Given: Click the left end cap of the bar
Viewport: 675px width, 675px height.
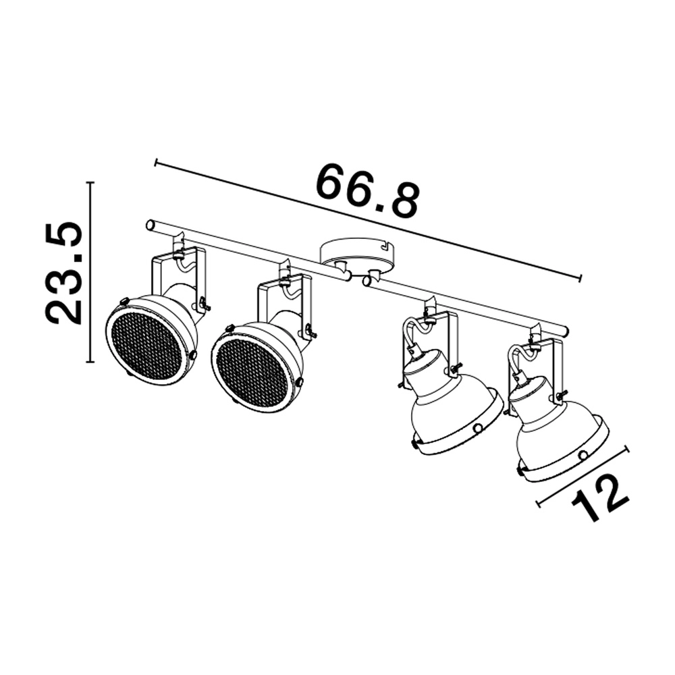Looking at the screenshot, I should coord(151,225).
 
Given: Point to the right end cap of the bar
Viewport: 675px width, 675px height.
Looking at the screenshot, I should coord(563,331).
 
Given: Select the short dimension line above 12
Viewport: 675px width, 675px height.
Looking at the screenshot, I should coord(582,475).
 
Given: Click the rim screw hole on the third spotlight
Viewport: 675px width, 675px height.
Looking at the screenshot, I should coord(478,428).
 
